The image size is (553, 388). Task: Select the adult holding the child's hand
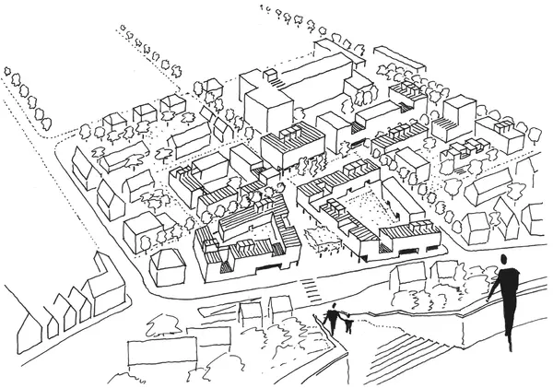(x=333, y=317)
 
